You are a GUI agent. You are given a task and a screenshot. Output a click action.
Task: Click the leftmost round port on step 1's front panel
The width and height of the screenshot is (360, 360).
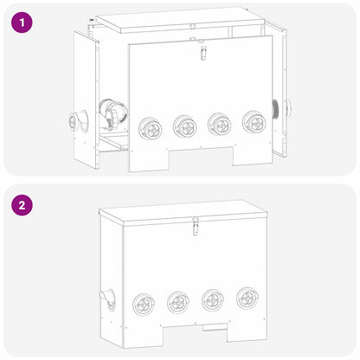click(151, 128)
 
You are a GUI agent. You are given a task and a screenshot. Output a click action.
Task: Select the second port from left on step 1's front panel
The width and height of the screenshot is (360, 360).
click(184, 126)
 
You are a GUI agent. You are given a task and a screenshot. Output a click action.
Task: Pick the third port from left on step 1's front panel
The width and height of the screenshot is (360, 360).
click(220, 124)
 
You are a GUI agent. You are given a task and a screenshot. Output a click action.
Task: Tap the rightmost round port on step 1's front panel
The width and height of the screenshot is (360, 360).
click(254, 121)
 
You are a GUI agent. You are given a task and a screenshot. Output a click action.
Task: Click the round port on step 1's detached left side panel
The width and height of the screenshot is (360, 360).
click(74, 121)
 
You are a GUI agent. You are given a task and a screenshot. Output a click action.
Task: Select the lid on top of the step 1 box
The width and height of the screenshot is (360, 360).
click(182, 22)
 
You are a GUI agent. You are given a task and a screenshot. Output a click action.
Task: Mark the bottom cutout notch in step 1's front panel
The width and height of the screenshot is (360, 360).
click(202, 157)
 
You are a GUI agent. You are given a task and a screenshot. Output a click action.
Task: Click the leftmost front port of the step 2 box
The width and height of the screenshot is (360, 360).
click(144, 305)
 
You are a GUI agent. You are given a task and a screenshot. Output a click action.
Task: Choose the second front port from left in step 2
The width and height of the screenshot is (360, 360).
click(178, 302)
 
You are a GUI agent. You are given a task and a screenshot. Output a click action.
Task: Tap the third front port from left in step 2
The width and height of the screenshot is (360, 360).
click(213, 299)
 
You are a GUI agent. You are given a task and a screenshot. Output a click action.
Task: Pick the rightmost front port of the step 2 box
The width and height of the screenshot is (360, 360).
click(247, 297)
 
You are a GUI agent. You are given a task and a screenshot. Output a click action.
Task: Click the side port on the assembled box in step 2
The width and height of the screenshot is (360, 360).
click(108, 299)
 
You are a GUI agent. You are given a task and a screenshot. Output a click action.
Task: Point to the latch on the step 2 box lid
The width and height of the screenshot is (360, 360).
click(196, 228)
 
